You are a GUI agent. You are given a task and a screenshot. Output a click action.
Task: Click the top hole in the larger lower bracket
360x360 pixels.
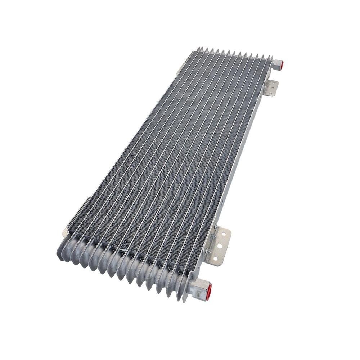pos(224,234)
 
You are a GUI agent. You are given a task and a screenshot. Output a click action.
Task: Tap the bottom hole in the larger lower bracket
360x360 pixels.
pos(215,258)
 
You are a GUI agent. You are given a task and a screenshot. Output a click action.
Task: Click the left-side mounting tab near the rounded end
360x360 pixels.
pos(66,233)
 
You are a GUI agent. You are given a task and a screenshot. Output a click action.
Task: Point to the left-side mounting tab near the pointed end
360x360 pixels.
pos(180,70)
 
